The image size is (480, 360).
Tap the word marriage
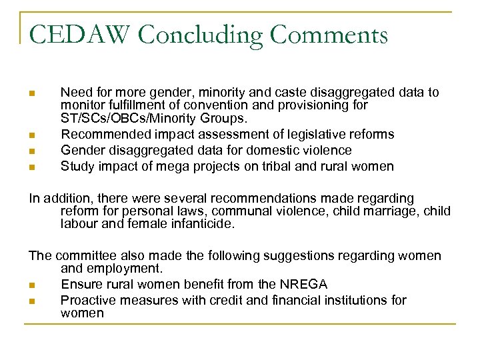click(386, 211)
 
